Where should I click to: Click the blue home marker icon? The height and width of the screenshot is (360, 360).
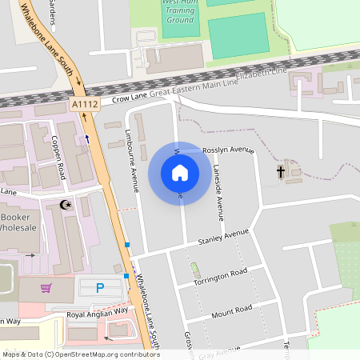[179, 172]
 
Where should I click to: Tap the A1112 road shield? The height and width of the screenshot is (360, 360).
[84, 104]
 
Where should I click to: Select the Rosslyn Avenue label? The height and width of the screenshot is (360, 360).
[228, 150]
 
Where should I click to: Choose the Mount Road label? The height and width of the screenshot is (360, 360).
[231, 309]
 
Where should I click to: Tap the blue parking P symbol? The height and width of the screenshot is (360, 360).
[100, 287]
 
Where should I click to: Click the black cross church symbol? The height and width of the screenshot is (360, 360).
[281, 171]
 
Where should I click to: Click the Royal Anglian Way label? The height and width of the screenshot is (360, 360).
[97, 313]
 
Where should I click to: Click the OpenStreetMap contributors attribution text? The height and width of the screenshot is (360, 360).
[80, 354]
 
